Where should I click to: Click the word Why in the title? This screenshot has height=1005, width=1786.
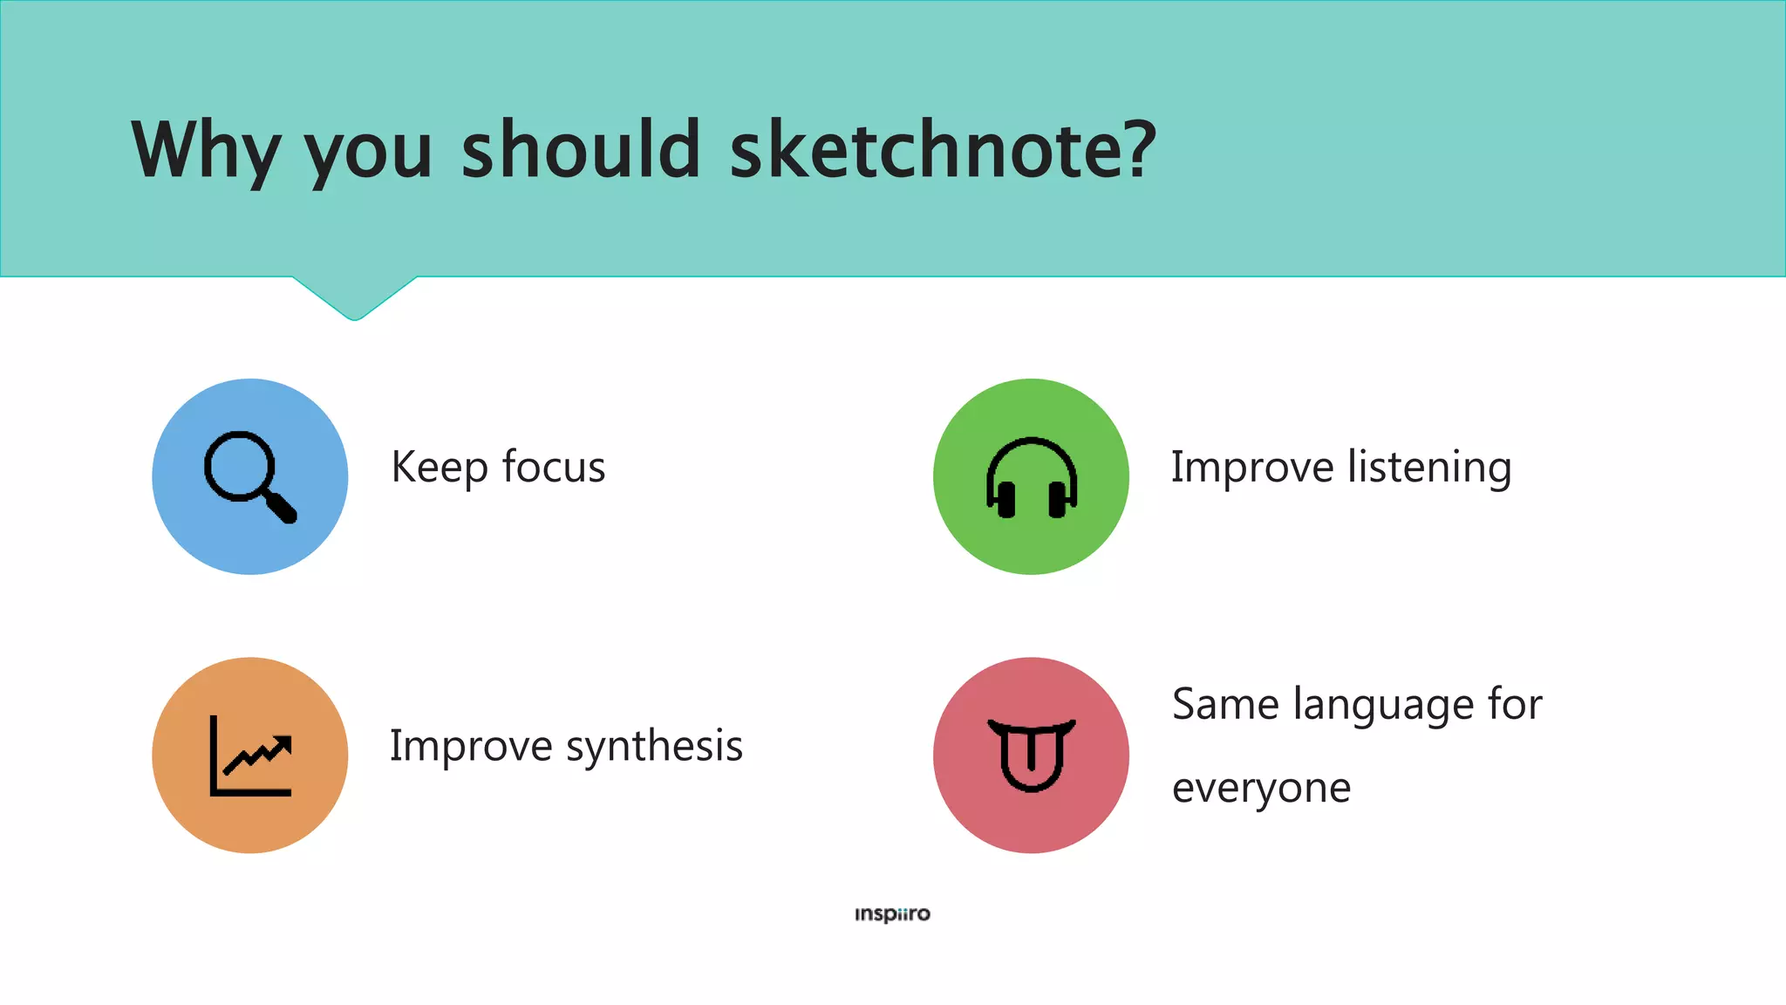click(x=205, y=150)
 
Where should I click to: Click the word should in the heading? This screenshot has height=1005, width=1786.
click(x=581, y=150)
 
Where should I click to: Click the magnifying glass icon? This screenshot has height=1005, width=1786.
click(x=249, y=476)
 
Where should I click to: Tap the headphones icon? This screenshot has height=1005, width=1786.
click(x=1031, y=478)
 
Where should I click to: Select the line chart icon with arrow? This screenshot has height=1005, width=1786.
click(x=250, y=755)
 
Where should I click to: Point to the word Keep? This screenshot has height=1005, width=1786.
click(x=439, y=468)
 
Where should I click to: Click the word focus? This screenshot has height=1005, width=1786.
click(x=553, y=468)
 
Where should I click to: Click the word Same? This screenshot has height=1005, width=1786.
click(x=1224, y=704)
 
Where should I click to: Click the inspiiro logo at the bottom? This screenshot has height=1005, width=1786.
click(x=892, y=914)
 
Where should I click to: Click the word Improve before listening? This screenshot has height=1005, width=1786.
click(x=1251, y=468)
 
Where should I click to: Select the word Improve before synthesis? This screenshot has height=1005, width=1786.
click(x=471, y=747)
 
